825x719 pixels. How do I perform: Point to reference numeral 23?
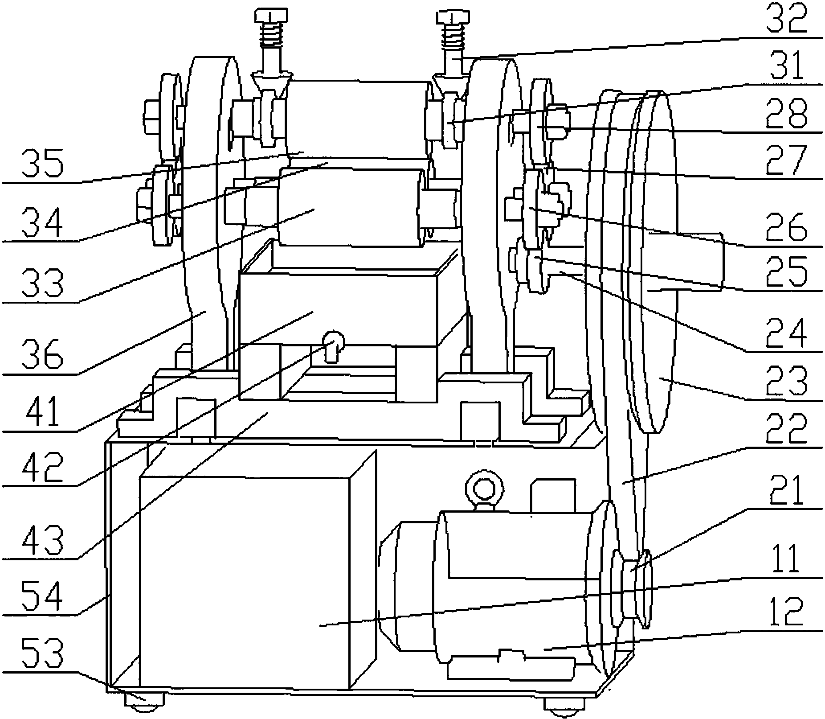coord(786,382)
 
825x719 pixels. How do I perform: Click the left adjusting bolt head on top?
coord(272,16)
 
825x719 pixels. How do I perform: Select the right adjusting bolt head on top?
coord(453,17)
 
